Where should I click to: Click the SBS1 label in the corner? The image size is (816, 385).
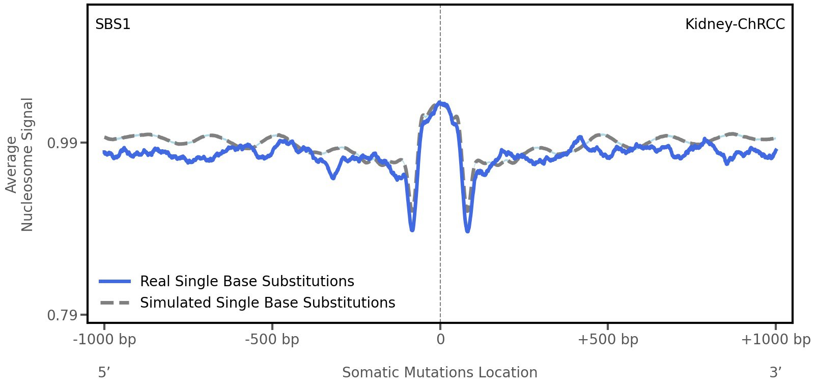point(113,24)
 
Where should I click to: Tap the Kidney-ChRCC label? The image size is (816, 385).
point(735,24)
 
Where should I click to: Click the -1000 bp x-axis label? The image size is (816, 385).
point(105,340)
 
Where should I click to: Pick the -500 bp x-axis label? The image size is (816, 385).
point(272,340)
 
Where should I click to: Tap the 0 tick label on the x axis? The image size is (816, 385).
point(440,340)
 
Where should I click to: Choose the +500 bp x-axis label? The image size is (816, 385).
point(608,340)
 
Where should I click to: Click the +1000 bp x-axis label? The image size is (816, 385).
point(775,340)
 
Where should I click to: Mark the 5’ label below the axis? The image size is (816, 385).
point(104,373)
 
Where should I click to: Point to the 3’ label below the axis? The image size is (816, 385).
point(775,373)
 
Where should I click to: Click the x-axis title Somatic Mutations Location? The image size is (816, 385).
point(440,373)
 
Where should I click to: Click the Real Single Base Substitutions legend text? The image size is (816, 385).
point(247,282)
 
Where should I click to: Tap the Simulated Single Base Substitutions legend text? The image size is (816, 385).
point(267,303)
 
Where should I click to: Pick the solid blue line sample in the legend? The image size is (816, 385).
point(116,282)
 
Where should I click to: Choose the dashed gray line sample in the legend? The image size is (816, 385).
point(116,303)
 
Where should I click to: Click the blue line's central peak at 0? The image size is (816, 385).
point(441,103)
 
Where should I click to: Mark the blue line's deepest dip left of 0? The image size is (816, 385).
point(412,230)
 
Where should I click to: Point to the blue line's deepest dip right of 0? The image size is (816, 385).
point(467,231)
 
